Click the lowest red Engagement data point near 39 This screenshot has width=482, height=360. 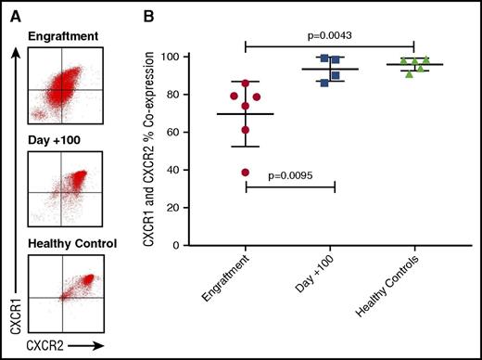tap(245, 173)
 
